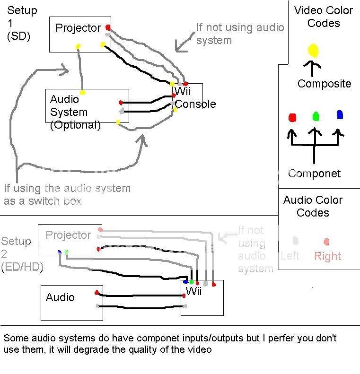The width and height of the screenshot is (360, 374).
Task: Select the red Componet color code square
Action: click(292, 117)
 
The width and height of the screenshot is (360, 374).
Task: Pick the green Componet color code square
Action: click(316, 116)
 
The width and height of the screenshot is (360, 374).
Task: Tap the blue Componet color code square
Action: click(340, 114)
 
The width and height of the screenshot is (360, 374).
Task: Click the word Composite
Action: click(324, 84)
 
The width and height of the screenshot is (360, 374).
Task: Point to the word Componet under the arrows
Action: click(314, 174)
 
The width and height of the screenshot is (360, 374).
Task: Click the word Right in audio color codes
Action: click(327, 256)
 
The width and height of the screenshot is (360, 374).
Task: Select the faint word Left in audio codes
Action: click(290, 256)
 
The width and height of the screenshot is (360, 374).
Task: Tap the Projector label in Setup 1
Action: click(78, 28)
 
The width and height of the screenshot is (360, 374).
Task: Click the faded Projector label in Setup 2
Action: click(68, 235)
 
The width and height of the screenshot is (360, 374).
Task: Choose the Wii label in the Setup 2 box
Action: click(193, 291)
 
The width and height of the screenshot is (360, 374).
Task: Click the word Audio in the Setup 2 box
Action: click(60, 297)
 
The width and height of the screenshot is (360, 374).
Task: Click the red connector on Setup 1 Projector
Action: click(108, 27)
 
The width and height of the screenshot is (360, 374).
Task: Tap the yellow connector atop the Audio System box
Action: click(83, 92)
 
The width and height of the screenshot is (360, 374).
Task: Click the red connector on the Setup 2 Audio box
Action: click(97, 293)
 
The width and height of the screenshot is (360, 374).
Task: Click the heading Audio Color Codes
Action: click(313, 206)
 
